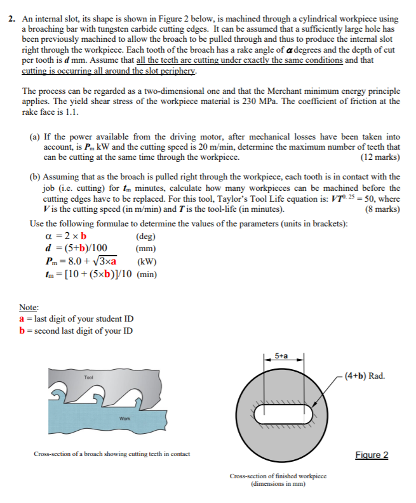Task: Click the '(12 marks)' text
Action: tap(379, 157)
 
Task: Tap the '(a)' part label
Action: tap(36, 136)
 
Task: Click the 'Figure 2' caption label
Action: tap(372, 455)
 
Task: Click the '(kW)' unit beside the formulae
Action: tap(146, 261)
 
